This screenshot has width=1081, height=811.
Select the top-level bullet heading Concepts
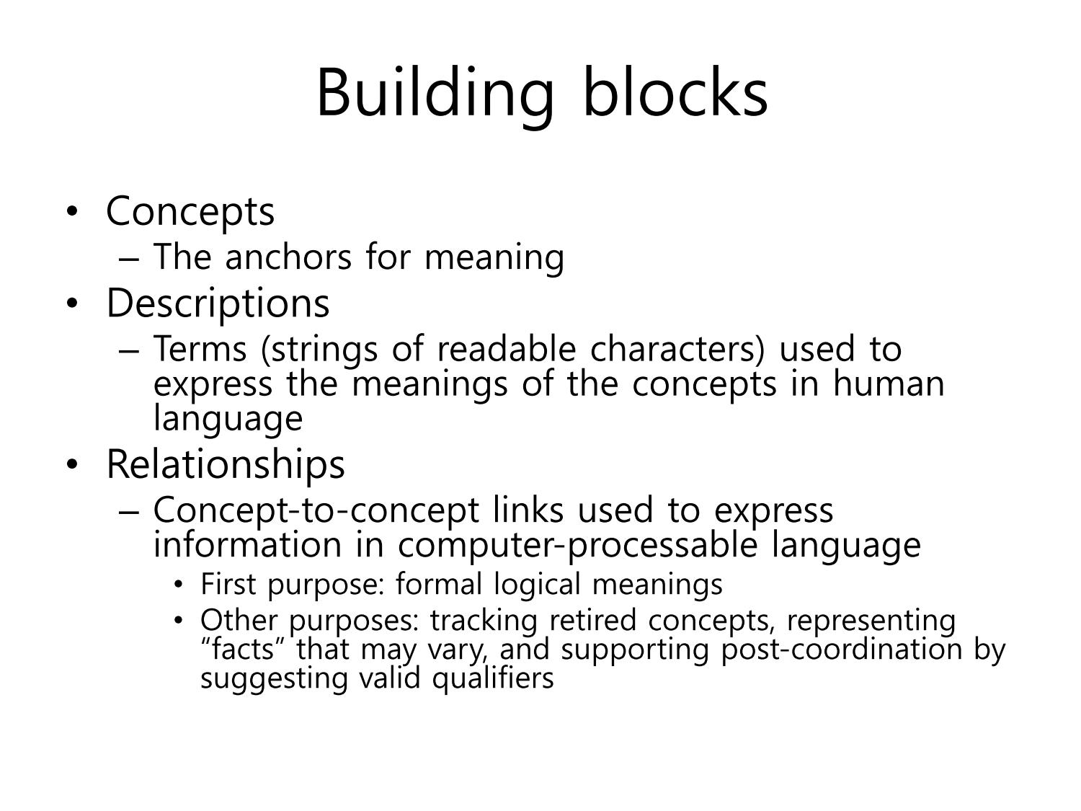click(190, 213)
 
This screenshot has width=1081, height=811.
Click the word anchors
click(288, 257)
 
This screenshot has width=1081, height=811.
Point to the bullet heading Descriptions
click(218, 304)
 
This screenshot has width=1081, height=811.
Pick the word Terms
click(200, 349)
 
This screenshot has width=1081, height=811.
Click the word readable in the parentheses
click(507, 349)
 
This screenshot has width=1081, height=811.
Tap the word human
click(889, 384)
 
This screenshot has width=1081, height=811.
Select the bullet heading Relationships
click(226, 464)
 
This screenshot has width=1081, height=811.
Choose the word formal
click(438, 585)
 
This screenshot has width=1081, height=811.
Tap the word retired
click(592, 621)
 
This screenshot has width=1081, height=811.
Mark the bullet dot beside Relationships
click(72, 464)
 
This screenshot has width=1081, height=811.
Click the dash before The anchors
click(128, 258)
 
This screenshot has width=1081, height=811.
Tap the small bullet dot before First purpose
click(178, 585)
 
